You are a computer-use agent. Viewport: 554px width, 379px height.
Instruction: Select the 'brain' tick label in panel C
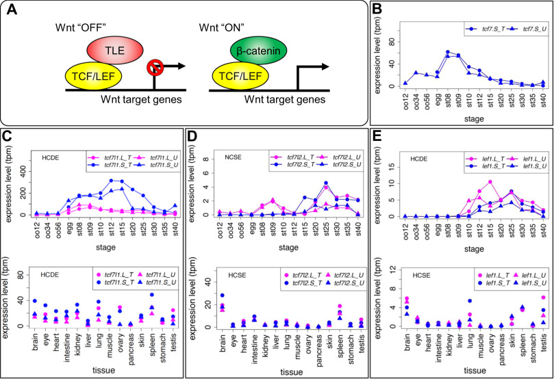tap(37, 338)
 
